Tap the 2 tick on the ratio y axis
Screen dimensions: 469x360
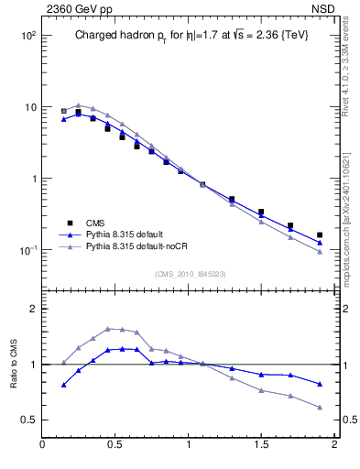(x=33, y=310)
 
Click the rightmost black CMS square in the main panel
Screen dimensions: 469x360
(x=319, y=235)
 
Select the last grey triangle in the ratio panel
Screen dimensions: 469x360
(x=319, y=407)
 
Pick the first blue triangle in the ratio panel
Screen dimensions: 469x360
(x=63, y=385)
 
